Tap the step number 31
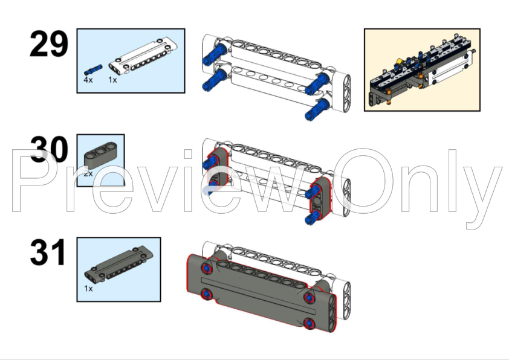(x=48, y=252)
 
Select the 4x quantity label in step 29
(x=88, y=80)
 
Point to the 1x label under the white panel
(x=113, y=80)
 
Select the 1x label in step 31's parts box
(x=88, y=289)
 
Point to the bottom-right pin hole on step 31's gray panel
(x=310, y=323)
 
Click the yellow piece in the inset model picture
(x=400, y=62)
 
